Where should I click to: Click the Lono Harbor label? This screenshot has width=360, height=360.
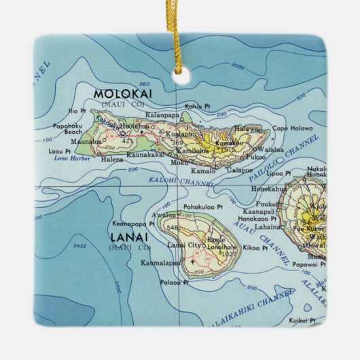tap(67, 158)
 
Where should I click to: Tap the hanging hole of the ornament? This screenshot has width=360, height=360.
tap(180, 78)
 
